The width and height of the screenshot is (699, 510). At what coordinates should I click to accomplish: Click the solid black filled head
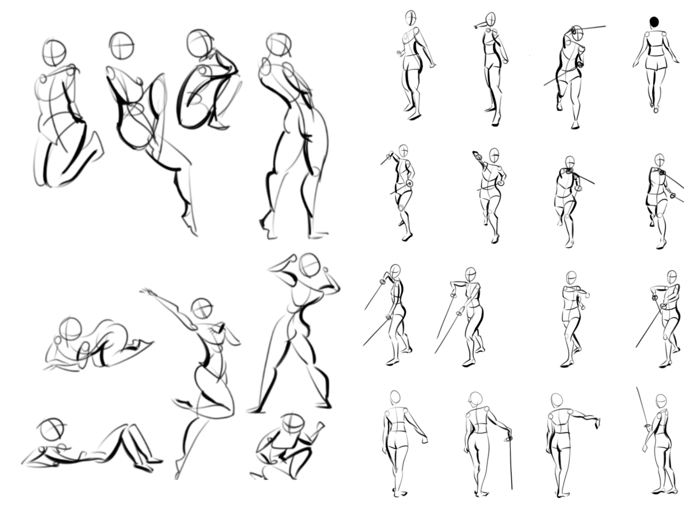pos(654,22)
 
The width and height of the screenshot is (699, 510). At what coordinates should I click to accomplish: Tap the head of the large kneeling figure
pos(54,52)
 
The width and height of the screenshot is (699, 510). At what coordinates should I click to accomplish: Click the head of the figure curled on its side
pos(70,329)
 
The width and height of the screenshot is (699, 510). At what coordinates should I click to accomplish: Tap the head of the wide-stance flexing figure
pos(310,265)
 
